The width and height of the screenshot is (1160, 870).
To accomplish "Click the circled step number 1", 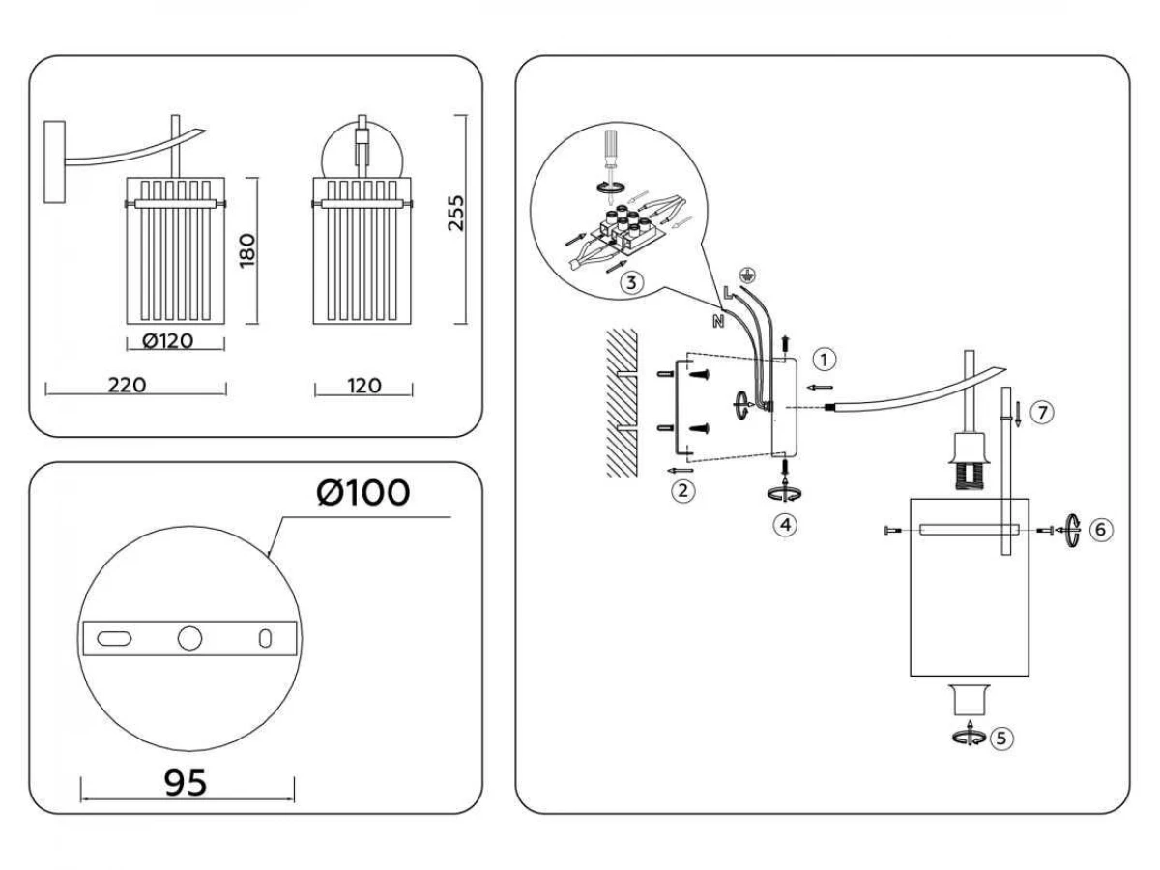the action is click(x=825, y=361).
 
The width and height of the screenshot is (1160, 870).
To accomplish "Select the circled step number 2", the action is click(x=682, y=491).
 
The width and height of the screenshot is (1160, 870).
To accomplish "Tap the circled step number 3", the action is click(x=631, y=283).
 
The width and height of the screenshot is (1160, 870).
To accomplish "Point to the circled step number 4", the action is click(x=785, y=525).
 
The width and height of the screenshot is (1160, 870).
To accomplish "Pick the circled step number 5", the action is click(x=1001, y=738).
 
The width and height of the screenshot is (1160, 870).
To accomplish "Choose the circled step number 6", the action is click(x=1101, y=530).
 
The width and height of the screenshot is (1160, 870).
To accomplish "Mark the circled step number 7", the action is click(x=1042, y=412).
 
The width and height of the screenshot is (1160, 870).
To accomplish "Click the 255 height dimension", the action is click(x=455, y=213).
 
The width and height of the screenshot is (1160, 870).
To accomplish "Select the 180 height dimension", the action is click(x=247, y=250).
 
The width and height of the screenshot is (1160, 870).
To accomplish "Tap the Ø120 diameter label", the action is click(x=167, y=341).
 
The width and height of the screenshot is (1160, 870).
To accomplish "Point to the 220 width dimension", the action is click(x=127, y=385).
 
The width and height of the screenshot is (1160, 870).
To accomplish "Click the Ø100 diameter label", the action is click(x=363, y=492).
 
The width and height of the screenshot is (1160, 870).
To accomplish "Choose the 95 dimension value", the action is click(x=186, y=783).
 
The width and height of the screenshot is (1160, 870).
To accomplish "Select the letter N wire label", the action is click(x=717, y=321).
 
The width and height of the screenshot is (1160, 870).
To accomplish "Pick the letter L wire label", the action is click(x=728, y=292).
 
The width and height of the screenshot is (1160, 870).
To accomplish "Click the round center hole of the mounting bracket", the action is click(x=189, y=638).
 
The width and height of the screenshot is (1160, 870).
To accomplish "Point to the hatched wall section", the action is click(x=622, y=402).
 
